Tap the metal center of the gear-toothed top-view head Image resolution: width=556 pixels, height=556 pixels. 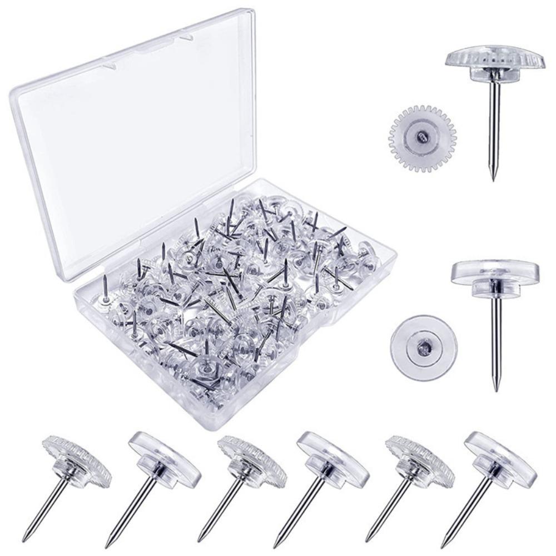(x=422, y=136)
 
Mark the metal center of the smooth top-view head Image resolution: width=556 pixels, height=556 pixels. (x=423, y=349)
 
